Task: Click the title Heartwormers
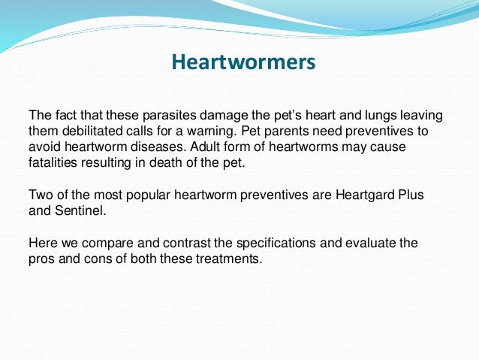coord(243,62)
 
